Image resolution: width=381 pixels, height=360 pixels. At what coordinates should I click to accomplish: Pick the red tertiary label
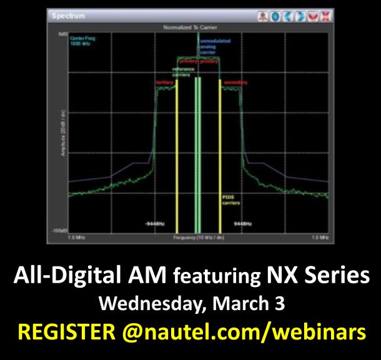(x=164, y=82)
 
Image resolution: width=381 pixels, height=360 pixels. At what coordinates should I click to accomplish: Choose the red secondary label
(x=234, y=82)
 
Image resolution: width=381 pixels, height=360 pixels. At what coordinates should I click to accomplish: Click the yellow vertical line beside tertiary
(x=177, y=156)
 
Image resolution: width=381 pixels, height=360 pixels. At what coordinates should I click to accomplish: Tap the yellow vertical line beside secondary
(x=220, y=156)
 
